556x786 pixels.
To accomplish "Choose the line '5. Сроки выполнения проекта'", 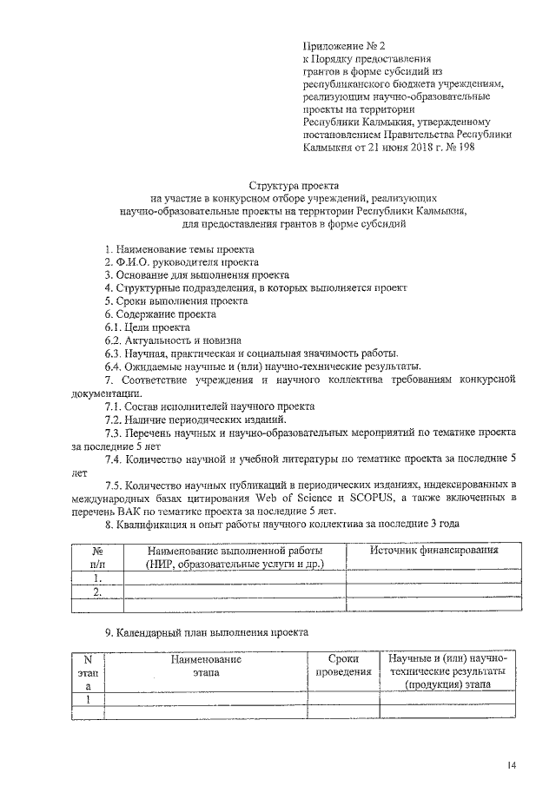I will (x=176, y=301).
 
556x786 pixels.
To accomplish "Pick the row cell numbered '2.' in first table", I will (x=97, y=592).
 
